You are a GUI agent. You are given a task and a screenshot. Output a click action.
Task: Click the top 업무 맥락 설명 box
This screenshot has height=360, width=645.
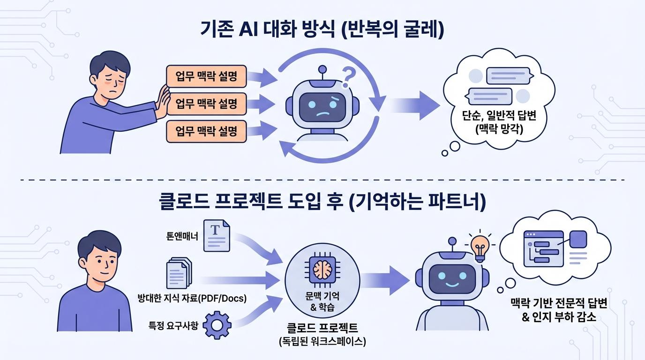[x=206, y=76]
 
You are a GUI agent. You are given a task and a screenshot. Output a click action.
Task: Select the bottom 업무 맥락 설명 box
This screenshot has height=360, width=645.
[x=206, y=131]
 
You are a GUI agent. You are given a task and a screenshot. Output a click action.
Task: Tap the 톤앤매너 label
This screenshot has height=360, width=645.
[x=182, y=236]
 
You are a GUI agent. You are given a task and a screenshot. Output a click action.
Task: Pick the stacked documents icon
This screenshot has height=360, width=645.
[x=179, y=274]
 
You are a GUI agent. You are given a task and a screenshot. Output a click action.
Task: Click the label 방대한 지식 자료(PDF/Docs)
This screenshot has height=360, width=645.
[x=192, y=298]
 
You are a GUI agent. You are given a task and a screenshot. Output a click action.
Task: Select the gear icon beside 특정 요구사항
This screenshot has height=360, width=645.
[x=217, y=324]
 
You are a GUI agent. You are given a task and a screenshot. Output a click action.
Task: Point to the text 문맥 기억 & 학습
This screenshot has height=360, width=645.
[x=322, y=301]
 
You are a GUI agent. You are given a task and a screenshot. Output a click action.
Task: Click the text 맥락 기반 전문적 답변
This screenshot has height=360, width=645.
[x=558, y=303]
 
